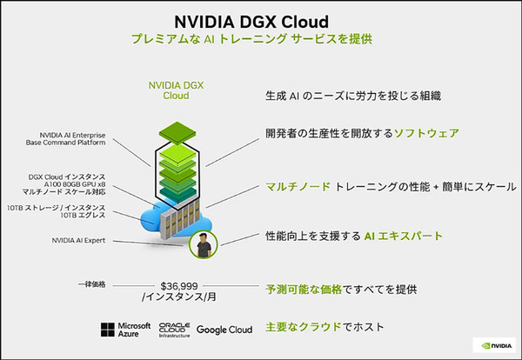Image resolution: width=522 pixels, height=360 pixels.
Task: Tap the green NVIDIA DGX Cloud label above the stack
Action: point(177,90)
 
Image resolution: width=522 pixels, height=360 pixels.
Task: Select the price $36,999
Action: point(181,284)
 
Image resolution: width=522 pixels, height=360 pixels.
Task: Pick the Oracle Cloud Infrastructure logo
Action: point(174,330)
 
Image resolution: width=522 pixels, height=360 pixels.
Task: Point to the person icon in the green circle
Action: point(204,246)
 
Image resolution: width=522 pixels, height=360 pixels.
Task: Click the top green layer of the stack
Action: point(177,129)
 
